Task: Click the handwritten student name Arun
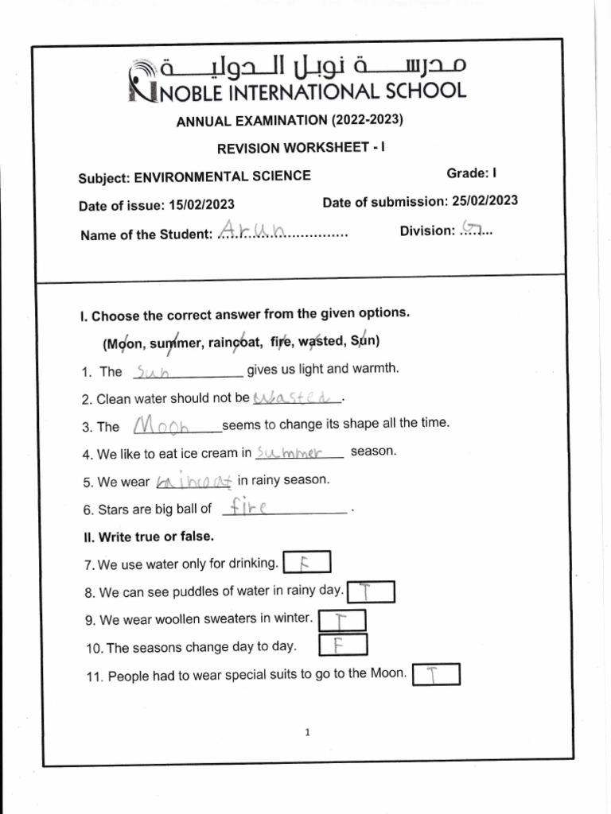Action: click(251, 231)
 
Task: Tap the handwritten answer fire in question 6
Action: click(250, 507)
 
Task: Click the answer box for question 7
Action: click(306, 564)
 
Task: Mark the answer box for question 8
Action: click(371, 592)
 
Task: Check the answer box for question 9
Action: click(342, 619)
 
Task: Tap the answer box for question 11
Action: click(436, 675)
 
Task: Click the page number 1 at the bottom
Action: click(306, 733)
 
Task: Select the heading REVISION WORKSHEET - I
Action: click(301, 148)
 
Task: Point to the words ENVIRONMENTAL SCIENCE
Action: click(222, 176)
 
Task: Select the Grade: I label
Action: click(473, 173)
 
